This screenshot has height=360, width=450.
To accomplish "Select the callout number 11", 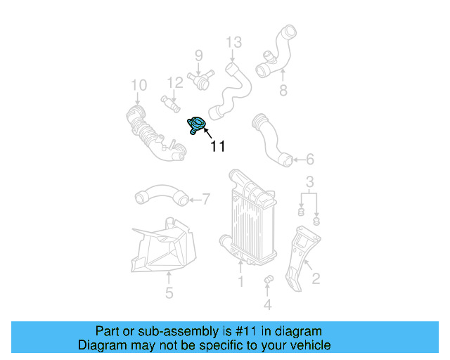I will tap(217, 146).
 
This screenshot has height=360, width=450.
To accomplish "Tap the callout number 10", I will tap(139, 85).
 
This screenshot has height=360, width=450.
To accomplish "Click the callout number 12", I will tap(175, 82).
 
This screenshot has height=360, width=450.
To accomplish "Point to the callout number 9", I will tap(198, 55).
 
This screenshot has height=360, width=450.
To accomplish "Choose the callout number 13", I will tap(233, 43).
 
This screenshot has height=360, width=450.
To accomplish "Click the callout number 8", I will tap(283, 90).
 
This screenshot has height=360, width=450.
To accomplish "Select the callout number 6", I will tap(310, 160).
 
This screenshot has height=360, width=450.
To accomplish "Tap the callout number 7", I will tap(206, 199).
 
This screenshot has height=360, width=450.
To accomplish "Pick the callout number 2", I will tap(316, 278).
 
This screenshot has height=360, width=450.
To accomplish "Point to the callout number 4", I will tap(267, 304).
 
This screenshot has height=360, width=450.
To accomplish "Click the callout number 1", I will tap(240, 281).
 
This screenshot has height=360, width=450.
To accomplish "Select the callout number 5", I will tap(169, 292).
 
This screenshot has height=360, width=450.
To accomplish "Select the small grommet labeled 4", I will tap(267, 282).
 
